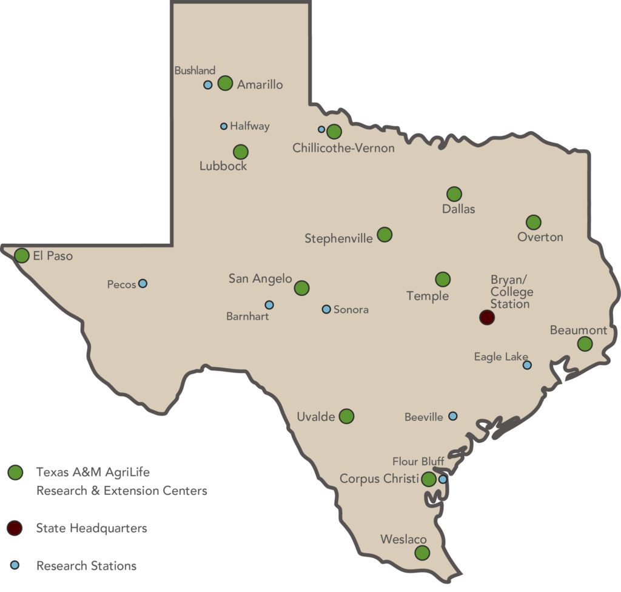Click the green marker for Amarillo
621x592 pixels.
point(225,83)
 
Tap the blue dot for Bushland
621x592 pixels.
point(207,85)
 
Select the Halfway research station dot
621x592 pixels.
point(224,126)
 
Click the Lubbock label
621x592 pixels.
point(223,166)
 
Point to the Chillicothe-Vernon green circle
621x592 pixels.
point(334,132)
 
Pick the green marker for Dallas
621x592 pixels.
point(454,194)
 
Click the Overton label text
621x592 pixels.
point(540,237)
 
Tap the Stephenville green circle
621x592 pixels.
point(384,234)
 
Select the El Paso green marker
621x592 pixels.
point(22,255)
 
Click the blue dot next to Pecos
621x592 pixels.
point(143,283)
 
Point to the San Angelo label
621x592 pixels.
point(260,278)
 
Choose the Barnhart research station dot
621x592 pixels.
point(269,304)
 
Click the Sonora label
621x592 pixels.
point(351,309)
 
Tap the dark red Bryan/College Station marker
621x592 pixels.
point(486,317)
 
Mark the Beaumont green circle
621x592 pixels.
point(585,344)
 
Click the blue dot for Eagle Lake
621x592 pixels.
point(527,365)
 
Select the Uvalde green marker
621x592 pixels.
point(346,416)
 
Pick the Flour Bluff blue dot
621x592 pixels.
point(443,479)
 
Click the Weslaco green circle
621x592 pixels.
point(422,553)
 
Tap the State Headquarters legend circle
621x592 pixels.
point(15,528)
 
